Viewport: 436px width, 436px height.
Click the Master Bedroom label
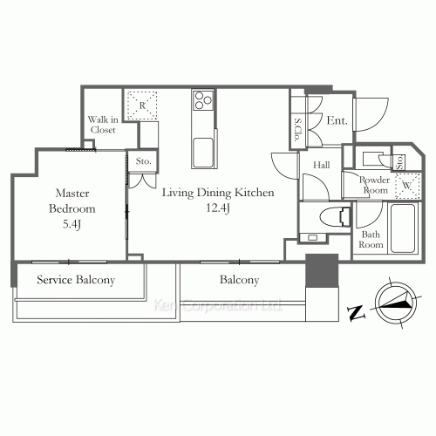tap(72, 201)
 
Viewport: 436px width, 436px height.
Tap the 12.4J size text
tap(218, 208)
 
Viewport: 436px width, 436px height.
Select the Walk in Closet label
tap(103, 125)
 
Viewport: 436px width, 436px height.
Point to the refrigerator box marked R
tap(142, 106)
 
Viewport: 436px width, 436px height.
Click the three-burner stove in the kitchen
tap(203, 100)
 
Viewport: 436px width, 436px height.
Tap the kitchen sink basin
tap(203, 153)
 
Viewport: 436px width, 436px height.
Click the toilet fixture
tap(336, 217)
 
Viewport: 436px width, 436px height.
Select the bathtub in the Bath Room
tap(403, 228)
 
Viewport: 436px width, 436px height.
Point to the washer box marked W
tap(407, 186)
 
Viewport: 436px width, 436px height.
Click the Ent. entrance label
tap(337, 120)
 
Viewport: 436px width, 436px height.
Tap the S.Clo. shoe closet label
tap(297, 130)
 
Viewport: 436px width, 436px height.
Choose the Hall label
tap(322, 165)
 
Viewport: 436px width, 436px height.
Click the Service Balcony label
tap(76, 280)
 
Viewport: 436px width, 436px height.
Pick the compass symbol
tap(396, 303)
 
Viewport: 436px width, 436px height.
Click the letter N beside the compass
tap(356, 313)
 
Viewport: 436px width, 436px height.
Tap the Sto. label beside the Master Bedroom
tap(144, 161)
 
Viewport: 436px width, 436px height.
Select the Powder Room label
tap(375, 185)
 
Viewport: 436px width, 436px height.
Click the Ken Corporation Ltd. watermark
tap(217, 305)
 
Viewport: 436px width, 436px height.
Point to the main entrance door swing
tap(371, 114)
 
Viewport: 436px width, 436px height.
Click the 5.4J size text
tap(72, 224)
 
